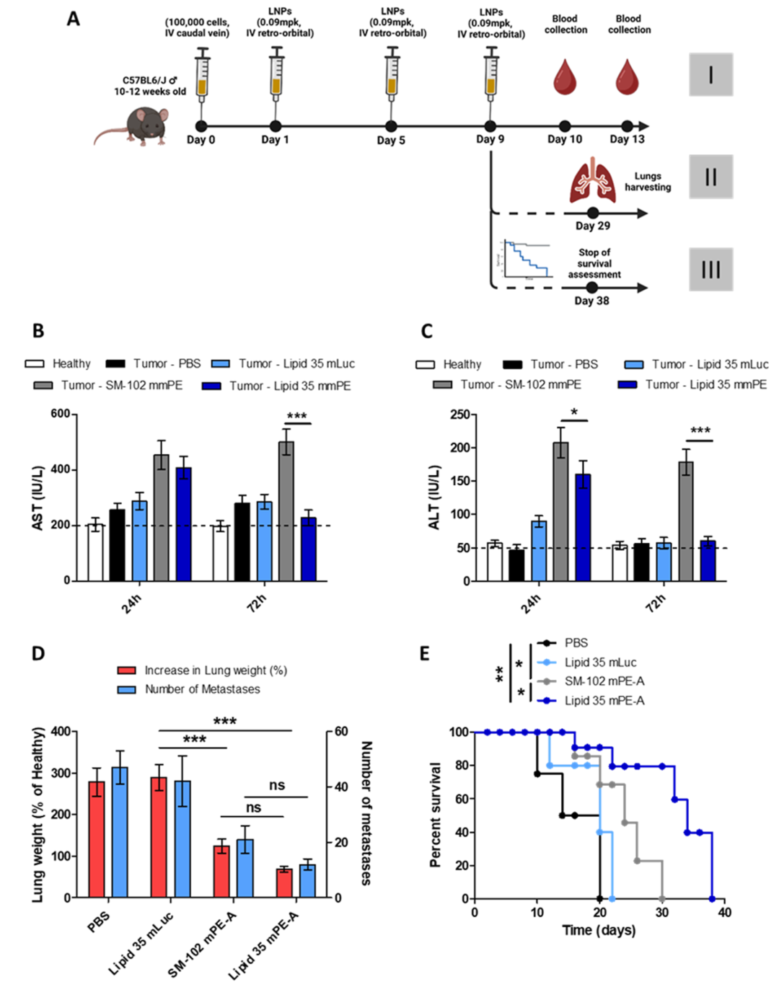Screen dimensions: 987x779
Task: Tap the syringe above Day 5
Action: click(392, 74)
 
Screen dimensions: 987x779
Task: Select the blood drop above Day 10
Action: click(565, 77)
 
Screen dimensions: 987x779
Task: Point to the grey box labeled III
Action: click(710, 270)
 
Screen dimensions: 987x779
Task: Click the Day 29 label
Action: click(592, 226)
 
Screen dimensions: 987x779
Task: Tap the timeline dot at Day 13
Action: click(627, 126)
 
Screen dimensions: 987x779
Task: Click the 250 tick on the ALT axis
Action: click(459, 415)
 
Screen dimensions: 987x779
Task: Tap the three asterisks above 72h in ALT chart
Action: click(700, 431)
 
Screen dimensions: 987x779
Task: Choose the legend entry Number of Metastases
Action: click(202, 689)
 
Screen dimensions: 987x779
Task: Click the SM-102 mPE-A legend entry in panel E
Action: click(604, 681)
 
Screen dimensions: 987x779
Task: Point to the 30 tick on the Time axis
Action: click(662, 913)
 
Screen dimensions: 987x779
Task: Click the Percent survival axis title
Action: click(435, 814)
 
